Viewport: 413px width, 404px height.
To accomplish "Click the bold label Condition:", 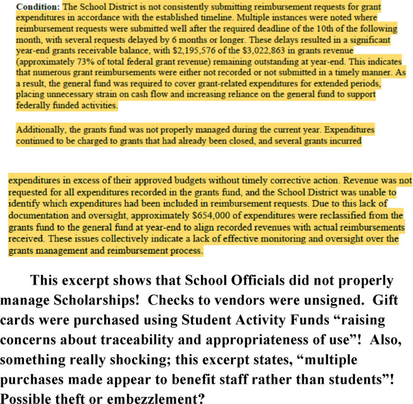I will (x=38, y=7).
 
